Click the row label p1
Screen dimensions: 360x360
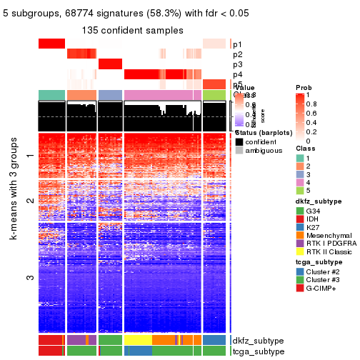pyautogui.click(x=237, y=44)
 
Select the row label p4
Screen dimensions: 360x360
pyautogui.click(x=237, y=74)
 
